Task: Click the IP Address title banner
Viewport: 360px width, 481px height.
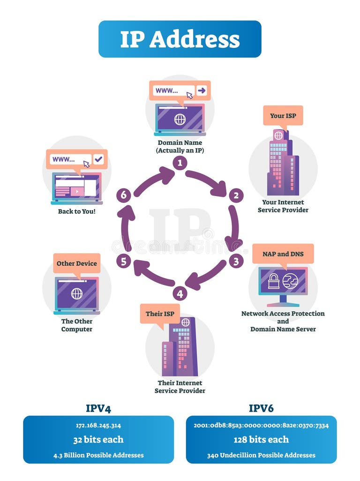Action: click(180, 39)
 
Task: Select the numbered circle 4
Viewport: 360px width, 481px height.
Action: click(180, 293)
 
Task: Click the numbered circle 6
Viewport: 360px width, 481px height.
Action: click(124, 195)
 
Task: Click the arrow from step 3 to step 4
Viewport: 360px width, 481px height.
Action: click(206, 276)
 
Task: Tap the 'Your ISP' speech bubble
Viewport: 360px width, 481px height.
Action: click(283, 115)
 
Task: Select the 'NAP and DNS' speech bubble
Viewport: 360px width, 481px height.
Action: click(283, 254)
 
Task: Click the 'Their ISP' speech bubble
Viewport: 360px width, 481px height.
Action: click(160, 313)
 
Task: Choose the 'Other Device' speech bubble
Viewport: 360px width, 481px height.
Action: click(77, 263)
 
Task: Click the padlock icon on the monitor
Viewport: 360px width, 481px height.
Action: click(274, 281)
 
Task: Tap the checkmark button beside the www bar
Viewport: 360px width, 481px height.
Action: click(98, 159)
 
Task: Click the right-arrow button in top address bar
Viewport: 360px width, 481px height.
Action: click(202, 90)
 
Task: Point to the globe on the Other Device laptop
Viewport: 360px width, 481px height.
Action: click(77, 294)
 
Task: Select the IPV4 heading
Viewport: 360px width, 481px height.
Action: click(98, 408)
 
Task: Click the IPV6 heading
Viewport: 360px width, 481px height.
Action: click(261, 408)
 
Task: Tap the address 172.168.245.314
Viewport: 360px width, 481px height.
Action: click(98, 426)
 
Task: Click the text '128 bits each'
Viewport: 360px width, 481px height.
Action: click(261, 440)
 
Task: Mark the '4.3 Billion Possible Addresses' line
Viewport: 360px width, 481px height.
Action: click(98, 455)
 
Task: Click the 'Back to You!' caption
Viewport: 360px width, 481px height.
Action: click(77, 211)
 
